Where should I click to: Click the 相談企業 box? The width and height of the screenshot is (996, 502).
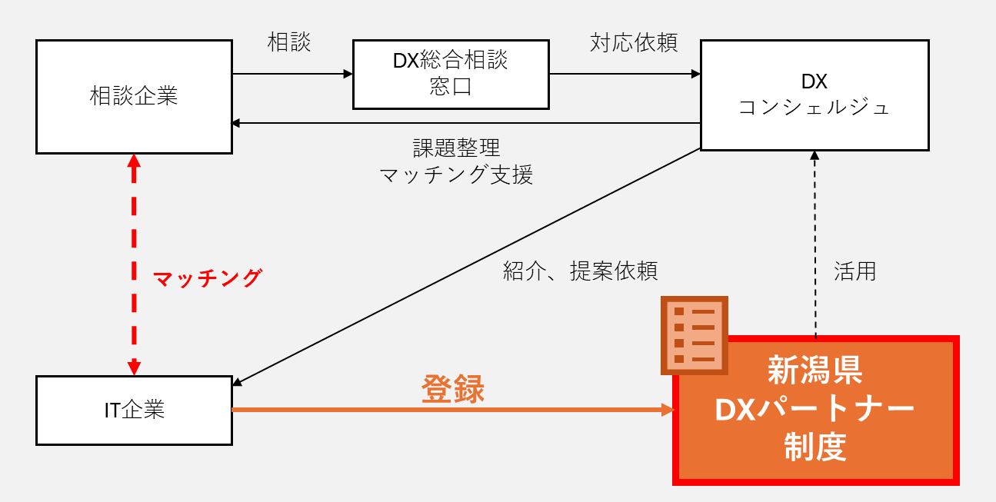pos(134,97)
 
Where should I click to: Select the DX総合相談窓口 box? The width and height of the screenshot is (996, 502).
pos(451,74)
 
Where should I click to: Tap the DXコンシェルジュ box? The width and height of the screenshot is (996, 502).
pos(814,95)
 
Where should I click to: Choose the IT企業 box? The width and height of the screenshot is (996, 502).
pos(134,410)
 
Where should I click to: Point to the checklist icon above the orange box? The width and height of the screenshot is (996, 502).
pos(695,335)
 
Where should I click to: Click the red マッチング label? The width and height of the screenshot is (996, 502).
pos(208,278)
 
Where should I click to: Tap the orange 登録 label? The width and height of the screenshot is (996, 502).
pos(453,390)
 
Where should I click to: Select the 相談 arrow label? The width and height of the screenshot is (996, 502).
pos(289,42)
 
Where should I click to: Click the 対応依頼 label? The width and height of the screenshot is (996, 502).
pos(634,42)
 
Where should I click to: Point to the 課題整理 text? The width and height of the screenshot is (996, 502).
pos(456,148)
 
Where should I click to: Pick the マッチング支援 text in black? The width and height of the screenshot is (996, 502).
pos(456,175)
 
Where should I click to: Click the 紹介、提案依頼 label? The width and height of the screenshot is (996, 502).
pos(580,271)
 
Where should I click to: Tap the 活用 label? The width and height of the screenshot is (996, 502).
pos(854,271)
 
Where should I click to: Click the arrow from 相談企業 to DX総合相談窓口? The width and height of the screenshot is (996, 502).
pos(292,74)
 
